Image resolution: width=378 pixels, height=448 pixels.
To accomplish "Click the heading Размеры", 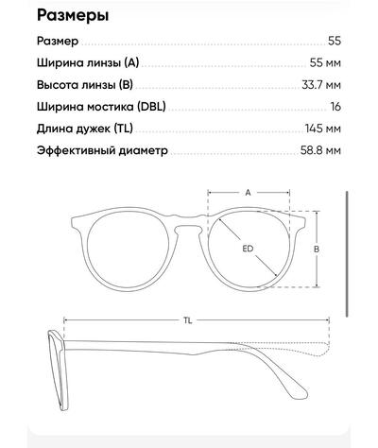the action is pos(73,16).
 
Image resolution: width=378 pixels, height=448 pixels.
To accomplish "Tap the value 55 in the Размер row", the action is pos(335,41).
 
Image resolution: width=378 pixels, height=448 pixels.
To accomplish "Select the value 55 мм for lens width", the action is pos(325,62).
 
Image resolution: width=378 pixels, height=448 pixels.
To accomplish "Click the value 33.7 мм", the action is pos(321,85).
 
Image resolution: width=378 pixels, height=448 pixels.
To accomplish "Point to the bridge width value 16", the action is pos(335,107).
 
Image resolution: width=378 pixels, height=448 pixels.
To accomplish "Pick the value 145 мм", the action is pos(323,129).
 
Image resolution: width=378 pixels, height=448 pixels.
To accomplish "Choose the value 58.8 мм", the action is pos(320,150).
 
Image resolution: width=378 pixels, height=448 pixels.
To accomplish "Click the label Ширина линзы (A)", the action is pos(88,62).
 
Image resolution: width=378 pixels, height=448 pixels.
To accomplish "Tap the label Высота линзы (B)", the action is pos(85,85).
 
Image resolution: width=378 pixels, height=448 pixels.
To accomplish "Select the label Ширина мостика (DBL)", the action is pos(101,107).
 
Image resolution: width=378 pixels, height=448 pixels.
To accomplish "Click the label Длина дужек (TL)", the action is pos(85,129).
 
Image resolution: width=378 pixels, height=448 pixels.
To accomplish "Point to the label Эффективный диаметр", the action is pos(102,150).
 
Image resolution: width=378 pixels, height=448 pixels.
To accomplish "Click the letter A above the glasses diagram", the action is pos(249,193).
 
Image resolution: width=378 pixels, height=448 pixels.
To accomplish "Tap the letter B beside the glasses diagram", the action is pos(317,249).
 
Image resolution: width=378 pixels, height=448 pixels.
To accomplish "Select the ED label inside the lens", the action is pos(248,249).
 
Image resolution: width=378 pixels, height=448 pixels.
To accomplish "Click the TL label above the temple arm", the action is pos(188,320).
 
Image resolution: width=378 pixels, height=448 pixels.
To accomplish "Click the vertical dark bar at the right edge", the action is pos(347,253).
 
